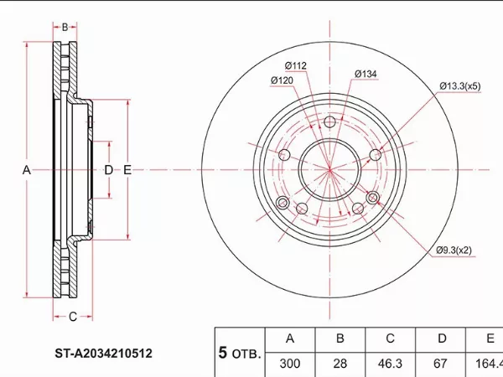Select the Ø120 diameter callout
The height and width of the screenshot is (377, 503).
(282, 80)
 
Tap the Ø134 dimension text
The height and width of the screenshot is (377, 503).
(366, 75)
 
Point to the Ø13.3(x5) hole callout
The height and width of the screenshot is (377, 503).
(460, 85)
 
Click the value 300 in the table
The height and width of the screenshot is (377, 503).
(290, 364)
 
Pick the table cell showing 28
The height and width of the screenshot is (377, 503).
(340, 364)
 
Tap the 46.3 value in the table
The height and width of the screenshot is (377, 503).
(390, 364)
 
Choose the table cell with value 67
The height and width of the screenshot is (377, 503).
(441, 364)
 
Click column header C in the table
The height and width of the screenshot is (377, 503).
(390, 339)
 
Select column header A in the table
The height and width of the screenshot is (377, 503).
(290, 339)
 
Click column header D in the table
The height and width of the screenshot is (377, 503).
(441, 339)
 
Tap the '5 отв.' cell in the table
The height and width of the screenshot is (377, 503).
(240, 352)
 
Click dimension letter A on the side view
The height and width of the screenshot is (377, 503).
(27, 170)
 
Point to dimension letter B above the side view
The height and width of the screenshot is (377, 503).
(65, 27)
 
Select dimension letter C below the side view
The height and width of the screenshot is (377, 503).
(73, 316)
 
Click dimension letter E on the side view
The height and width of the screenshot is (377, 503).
(127, 170)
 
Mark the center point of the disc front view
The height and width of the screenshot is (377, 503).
(329, 170)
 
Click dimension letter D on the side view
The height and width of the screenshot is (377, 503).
(108, 170)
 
